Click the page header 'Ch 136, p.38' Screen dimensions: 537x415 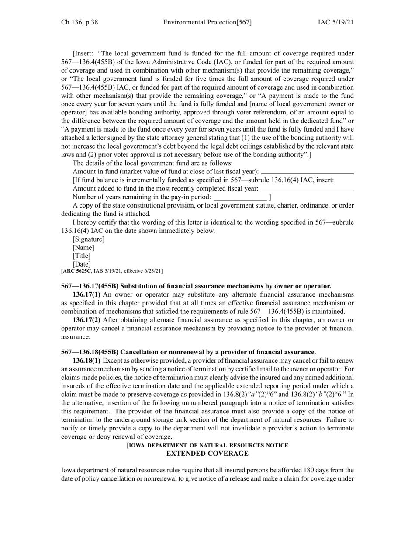pos(80,22)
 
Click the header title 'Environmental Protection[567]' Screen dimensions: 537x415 pos(207,22)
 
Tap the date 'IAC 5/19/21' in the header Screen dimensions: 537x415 pos(335,22)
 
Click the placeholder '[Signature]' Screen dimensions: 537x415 pos(89,239)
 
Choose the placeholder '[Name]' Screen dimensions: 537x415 pos(83,248)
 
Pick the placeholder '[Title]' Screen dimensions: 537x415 pos(82,256)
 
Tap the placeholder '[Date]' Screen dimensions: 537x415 pos(82,264)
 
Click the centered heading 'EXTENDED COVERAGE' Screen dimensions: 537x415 pos(207,454)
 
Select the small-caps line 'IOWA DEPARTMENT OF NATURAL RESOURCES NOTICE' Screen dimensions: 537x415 pos(207,446)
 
